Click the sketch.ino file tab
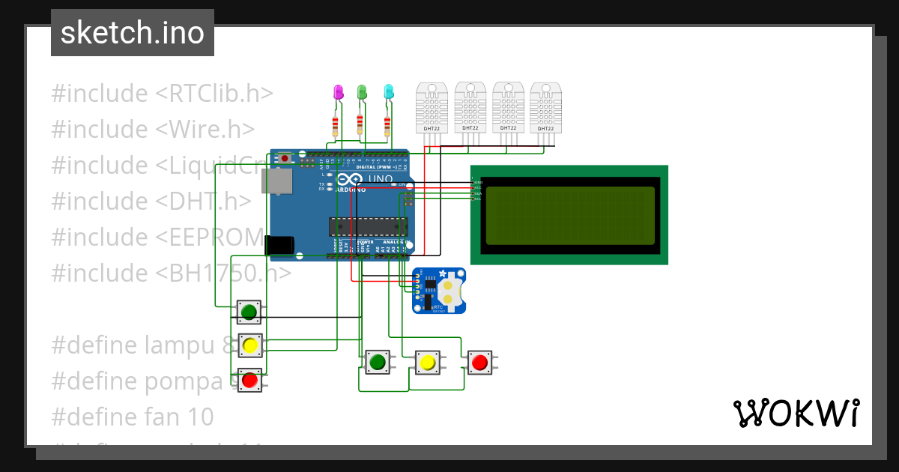click(132, 33)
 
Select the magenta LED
click(337, 92)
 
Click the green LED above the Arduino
click(362, 92)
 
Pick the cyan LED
click(388, 92)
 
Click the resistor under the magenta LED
click(335, 124)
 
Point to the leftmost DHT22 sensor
click(432, 106)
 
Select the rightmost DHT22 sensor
click(545, 106)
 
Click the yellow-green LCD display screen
click(569, 216)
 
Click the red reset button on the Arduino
click(285, 158)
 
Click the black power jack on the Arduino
click(279, 245)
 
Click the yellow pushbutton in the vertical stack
click(250, 345)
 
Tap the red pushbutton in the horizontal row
click(479, 363)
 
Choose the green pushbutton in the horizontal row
click(377, 363)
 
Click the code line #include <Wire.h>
click(153, 129)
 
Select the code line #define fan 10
click(132, 417)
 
